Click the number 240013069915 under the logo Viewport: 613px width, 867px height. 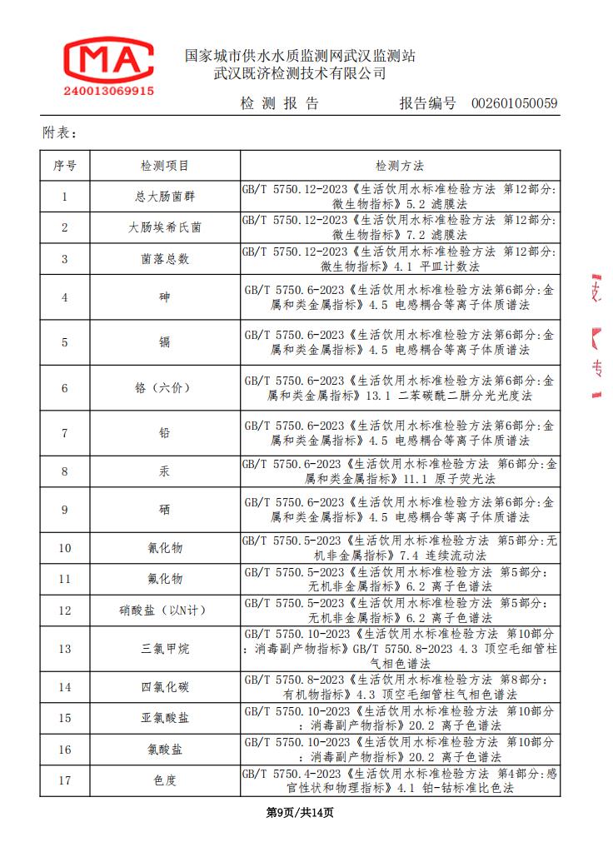[x=108, y=91]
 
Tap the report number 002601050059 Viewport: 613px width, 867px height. [x=514, y=104]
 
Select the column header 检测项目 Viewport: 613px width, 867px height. [x=165, y=166]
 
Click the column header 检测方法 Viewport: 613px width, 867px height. [x=400, y=166]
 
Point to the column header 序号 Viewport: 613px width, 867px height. [x=65, y=166]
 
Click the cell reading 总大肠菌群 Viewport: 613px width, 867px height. [x=165, y=197]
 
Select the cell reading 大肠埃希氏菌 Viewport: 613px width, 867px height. [x=165, y=227]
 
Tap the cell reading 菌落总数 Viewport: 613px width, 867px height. [x=165, y=259]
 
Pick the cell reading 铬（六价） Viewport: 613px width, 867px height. [x=165, y=388]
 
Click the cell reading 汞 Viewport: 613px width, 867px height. [x=165, y=471]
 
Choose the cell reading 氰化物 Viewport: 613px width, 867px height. [x=165, y=548]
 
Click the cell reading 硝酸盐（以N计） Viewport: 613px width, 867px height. [x=165, y=610]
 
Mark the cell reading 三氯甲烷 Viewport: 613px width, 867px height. [x=165, y=649]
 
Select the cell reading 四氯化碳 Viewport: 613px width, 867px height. [x=165, y=687]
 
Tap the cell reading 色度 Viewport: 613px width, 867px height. [x=165, y=780]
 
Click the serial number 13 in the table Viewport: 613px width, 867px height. [x=65, y=649]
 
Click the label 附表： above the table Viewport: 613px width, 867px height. [x=60, y=132]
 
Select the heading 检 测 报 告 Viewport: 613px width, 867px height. [x=279, y=104]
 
